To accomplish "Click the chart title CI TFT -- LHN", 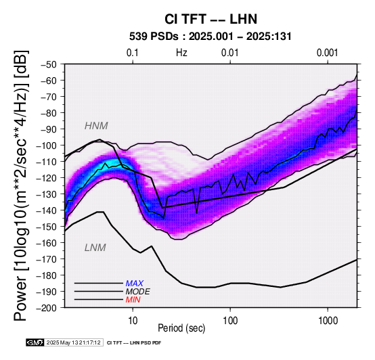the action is (x=211, y=19).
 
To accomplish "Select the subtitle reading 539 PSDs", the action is (x=154, y=37).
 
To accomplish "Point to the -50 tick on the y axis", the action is (x=49, y=64).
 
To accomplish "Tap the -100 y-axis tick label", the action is (x=47, y=145).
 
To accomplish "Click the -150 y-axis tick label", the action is (x=47, y=227).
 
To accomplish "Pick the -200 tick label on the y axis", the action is (x=47, y=308).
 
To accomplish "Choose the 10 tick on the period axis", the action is (x=133, y=321).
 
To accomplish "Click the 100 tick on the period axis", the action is (x=230, y=321).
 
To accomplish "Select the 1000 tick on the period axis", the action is (x=328, y=321).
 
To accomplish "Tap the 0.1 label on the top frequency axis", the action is (x=133, y=53).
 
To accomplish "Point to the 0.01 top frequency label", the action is (x=230, y=53).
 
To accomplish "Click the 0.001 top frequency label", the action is (x=327, y=53).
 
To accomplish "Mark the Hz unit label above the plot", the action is (x=181, y=53).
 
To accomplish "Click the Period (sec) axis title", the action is (x=181, y=328).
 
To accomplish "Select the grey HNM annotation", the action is (x=96, y=126).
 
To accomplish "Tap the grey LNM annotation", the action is (x=95, y=248).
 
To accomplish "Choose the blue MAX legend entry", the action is (x=135, y=284).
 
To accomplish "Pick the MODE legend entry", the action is (x=138, y=292).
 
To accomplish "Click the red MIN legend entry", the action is (x=133, y=300).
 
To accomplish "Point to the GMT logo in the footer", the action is (x=35, y=342).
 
